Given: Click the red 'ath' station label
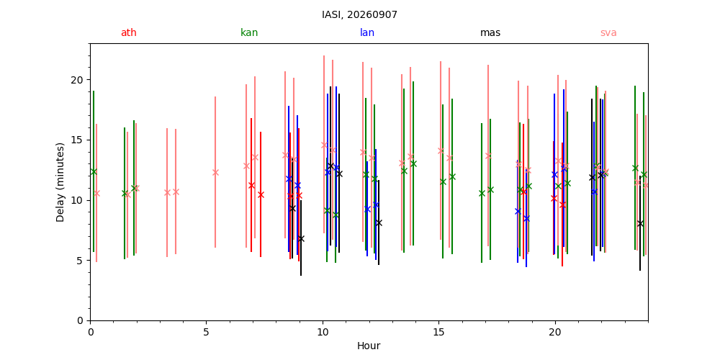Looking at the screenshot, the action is [x=129, y=32].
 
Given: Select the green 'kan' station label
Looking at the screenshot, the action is [x=249, y=32].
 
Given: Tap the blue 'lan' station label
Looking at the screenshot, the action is [x=367, y=32].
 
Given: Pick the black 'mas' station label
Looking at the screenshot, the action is [x=490, y=32].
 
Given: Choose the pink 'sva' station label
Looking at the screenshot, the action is [x=608, y=32].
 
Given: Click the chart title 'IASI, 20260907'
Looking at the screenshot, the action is [x=359, y=14].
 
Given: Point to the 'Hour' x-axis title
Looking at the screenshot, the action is [x=369, y=346].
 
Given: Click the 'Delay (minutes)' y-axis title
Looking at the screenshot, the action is [x=60, y=182].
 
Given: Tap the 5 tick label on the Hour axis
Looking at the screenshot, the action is [x=206, y=330].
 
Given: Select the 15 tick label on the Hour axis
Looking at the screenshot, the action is [x=438, y=330].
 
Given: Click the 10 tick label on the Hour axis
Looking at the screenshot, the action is [x=323, y=330].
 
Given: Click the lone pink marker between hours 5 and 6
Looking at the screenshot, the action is [x=215, y=172].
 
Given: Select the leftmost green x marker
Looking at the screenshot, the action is [x=94, y=172].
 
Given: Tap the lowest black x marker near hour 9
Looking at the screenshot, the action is [x=301, y=239].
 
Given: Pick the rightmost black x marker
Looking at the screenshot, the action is [x=640, y=224].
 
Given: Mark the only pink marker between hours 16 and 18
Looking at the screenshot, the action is [x=488, y=156].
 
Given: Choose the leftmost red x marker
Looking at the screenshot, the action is [x=251, y=186].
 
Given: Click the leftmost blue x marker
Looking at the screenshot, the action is [x=289, y=179].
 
